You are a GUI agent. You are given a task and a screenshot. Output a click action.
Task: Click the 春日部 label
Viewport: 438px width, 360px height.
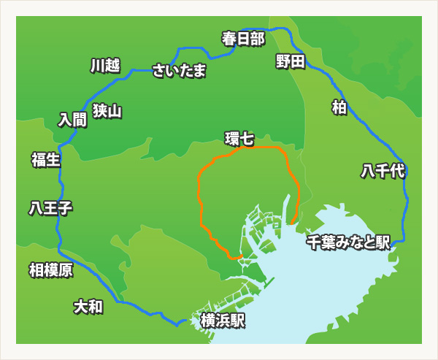pyautogui.click(x=243, y=38)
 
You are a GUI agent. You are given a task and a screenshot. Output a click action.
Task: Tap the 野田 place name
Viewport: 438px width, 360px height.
pyautogui.click(x=290, y=61)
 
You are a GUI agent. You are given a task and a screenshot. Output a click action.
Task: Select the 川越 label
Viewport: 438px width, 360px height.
pyautogui.click(x=104, y=66)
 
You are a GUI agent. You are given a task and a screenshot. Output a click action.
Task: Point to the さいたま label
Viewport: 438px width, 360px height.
pyautogui.click(x=179, y=71)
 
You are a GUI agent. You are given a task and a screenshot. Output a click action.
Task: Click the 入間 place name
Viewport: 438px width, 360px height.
pyautogui.click(x=72, y=119)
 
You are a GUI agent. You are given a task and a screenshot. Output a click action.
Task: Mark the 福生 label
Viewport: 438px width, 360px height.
pyautogui.click(x=46, y=159)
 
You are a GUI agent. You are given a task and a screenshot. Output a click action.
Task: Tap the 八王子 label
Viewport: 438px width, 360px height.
pyautogui.click(x=50, y=208)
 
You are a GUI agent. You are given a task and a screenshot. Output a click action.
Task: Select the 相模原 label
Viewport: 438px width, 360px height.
pyautogui.click(x=50, y=270)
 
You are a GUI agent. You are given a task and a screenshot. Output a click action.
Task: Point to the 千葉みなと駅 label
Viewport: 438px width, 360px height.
pyautogui.click(x=348, y=242)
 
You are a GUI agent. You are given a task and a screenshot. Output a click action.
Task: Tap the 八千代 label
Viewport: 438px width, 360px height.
pyautogui.click(x=383, y=172)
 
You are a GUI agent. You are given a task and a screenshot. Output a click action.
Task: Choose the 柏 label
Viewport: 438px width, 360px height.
pyautogui.click(x=339, y=107)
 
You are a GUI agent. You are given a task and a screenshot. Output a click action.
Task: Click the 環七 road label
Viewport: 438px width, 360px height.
pyautogui.click(x=239, y=138)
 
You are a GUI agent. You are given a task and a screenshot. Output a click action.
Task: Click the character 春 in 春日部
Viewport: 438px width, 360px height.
pyautogui.click(x=229, y=38)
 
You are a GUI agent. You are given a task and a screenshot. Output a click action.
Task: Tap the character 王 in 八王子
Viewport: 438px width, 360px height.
pyautogui.click(x=50, y=208)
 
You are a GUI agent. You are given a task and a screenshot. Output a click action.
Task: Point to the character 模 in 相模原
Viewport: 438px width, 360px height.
pyautogui.click(x=50, y=270)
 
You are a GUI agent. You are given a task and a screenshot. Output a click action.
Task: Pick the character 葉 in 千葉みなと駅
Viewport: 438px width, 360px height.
pyautogui.click(x=327, y=242)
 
